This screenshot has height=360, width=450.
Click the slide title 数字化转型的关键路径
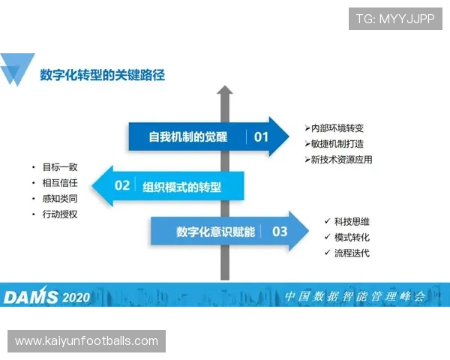(102, 74)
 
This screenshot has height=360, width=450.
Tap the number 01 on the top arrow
(261, 136)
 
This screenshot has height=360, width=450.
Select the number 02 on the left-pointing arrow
(122, 184)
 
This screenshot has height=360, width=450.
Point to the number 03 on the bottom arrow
(280, 232)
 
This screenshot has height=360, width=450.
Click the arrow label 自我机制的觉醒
(188, 136)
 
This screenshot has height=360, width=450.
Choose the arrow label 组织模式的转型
(182, 186)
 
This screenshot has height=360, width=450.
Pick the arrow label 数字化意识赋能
(214, 232)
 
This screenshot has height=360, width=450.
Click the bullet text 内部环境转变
(337, 128)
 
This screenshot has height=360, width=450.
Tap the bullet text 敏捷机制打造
(337, 144)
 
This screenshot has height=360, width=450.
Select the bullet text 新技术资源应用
(341, 160)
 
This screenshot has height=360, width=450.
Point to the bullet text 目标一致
(60, 167)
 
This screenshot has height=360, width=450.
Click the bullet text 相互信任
(60, 183)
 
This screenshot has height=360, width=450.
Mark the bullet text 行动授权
(60, 214)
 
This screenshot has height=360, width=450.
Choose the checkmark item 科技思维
(352, 221)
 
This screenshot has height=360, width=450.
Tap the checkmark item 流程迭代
(352, 253)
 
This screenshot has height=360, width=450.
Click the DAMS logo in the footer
(31, 296)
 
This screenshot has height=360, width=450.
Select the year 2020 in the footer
(76, 297)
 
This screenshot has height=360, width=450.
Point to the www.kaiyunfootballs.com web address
(86, 341)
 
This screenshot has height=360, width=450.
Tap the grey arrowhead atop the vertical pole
(223, 91)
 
